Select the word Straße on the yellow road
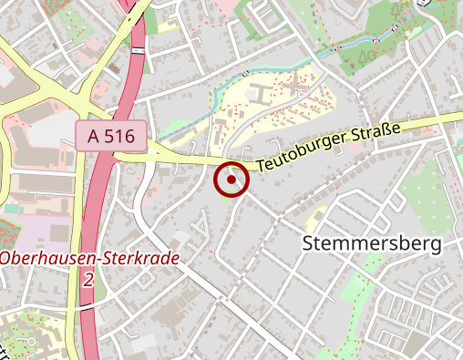(376, 135)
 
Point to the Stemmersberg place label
(371, 243)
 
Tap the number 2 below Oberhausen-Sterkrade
(87, 280)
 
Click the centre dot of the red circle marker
(232, 180)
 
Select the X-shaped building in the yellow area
(294, 89)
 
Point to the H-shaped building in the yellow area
(257, 94)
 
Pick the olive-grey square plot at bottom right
(415, 345)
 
